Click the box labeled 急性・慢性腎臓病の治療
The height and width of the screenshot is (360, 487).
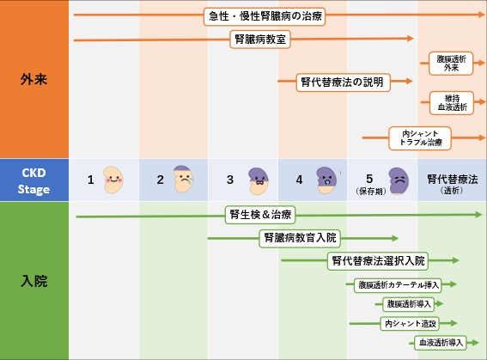[x=265, y=16]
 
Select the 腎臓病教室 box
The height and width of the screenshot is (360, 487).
[x=260, y=40]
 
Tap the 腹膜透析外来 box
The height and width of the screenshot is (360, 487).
[x=451, y=64]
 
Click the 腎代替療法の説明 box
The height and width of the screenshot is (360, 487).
[x=344, y=82]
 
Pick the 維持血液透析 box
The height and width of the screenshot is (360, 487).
[x=452, y=103]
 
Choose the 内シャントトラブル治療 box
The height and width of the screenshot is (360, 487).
[x=420, y=138]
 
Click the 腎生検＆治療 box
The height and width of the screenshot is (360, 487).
[x=260, y=215]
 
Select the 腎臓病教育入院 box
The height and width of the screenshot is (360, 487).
[x=300, y=238]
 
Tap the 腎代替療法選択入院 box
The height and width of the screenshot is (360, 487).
[x=378, y=261]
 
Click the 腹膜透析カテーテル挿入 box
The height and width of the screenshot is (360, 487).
[x=398, y=285]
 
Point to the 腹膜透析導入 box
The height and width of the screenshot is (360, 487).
[x=409, y=304]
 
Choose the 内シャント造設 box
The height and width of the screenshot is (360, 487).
[x=410, y=324]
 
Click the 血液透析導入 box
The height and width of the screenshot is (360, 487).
[x=441, y=343]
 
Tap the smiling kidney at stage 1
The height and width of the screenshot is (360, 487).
[x=113, y=180]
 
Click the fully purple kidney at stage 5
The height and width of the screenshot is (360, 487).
[x=399, y=181]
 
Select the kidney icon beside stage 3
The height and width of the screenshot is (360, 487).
[x=259, y=181]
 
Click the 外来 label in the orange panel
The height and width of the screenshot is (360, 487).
[x=33, y=80]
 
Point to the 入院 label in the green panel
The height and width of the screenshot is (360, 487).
[x=33, y=281]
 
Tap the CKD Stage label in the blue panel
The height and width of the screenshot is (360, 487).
[x=33, y=181]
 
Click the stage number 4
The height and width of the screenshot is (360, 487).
[x=299, y=180]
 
